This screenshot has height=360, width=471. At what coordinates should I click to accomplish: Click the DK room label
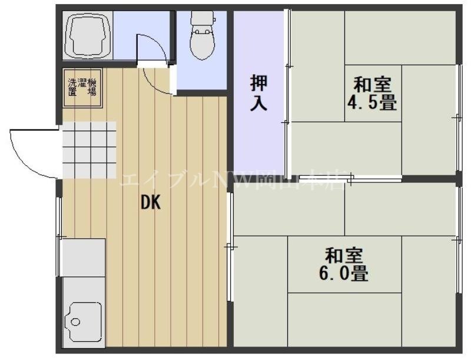pos(150,203)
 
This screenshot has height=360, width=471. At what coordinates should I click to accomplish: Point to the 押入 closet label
pos(258,93)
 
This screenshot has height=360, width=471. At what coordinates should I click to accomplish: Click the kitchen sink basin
pos(84,321)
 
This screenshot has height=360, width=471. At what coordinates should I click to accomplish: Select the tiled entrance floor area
pos(88,150)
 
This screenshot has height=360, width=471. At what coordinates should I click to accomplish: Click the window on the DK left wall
pos(58,235)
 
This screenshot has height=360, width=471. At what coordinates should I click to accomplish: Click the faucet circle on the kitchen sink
pos(75,322)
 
